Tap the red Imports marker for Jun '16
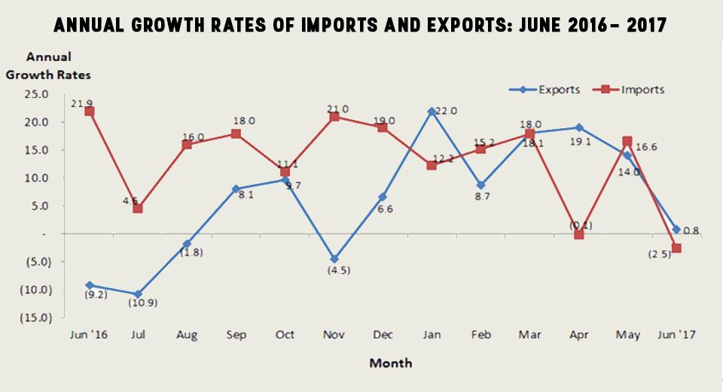(x=90, y=111)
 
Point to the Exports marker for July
(x=138, y=294)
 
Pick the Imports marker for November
(x=334, y=117)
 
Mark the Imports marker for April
(x=579, y=234)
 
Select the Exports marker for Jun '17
(x=676, y=229)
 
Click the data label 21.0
(x=337, y=109)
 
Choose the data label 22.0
(x=444, y=111)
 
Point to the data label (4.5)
(x=333, y=270)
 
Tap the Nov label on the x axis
(x=334, y=335)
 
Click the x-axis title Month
(x=390, y=363)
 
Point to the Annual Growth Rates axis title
(x=48, y=66)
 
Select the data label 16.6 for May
(x=645, y=147)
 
